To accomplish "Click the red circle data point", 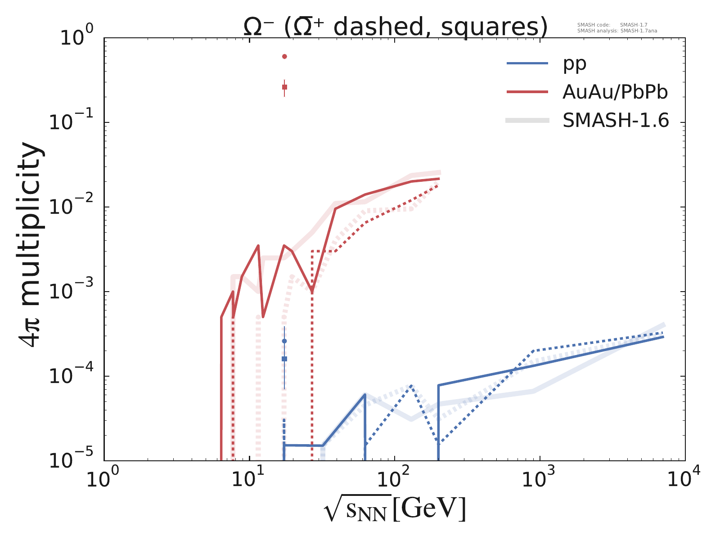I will pos(284,56).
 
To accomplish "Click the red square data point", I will pos(284,87).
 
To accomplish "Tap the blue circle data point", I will pos(284,341).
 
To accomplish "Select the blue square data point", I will pos(284,359).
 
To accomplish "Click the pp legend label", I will pos(575,64).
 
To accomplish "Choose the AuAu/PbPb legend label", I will pos(615,92).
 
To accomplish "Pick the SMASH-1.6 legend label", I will pos(616,121).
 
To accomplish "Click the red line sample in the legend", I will pos(527,92).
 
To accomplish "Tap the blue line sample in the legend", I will pos(527,63).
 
